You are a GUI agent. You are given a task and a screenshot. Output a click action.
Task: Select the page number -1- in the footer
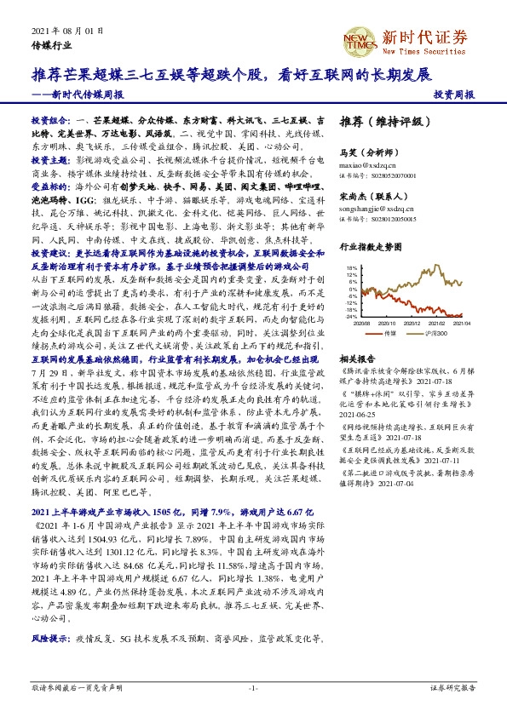click(253, 687)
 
